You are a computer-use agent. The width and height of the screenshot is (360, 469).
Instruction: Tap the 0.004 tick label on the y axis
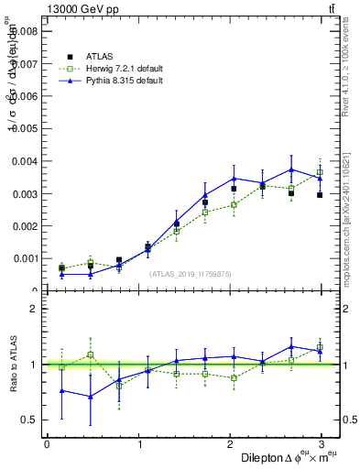point(24,161)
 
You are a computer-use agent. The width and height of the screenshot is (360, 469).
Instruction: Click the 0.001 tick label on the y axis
point(24,258)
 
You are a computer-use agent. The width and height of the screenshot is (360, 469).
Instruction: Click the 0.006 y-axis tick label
point(24,96)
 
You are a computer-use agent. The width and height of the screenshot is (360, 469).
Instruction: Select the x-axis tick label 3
point(322,443)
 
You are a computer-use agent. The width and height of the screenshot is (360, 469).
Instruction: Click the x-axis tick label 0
point(47,443)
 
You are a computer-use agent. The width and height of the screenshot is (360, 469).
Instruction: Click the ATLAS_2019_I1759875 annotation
point(191,273)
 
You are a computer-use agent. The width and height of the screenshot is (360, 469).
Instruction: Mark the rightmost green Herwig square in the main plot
point(320,172)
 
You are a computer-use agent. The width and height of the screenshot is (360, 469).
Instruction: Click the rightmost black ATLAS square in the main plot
point(320,195)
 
